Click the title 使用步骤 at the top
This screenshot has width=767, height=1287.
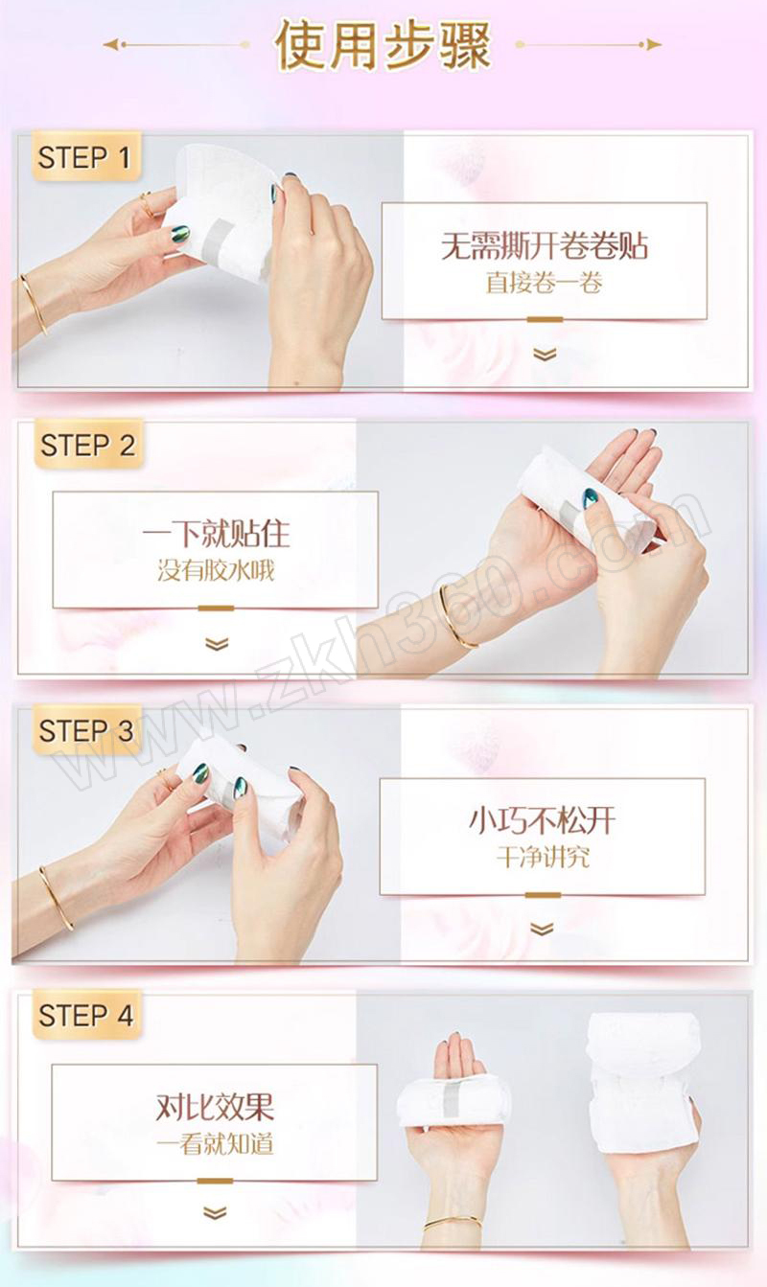pos(383,45)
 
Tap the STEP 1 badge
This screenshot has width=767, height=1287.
pos(85,157)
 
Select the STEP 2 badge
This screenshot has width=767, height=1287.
pos(88,444)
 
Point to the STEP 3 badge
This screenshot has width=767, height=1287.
pos(86,730)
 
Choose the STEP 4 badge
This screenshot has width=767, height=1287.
pos(86,1015)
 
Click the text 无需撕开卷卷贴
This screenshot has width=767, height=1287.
pos(544,246)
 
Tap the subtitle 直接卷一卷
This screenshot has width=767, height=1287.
pos(544,283)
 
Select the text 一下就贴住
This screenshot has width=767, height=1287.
pos(216,534)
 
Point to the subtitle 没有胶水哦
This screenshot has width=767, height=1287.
pos(216,570)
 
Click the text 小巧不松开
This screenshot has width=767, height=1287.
pos(543,820)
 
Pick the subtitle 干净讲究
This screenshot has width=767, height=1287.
pos(543,858)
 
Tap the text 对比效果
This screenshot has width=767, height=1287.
pos(215,1107)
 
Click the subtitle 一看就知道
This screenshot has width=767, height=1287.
pos(215,1144)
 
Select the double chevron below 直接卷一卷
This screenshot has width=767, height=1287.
pos(544,354)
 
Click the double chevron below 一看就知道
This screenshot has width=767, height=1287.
pos(215,1213)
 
